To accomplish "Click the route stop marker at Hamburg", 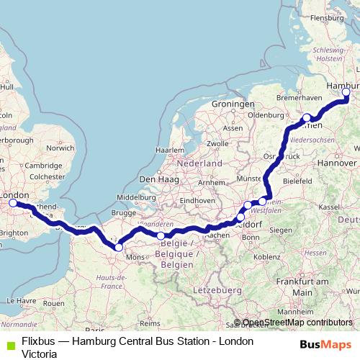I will pos(346,92).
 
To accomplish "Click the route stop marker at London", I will pos(13,204).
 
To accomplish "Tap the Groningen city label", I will pos(229,104).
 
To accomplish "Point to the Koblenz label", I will pos(266,256).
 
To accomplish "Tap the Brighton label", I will pos(14,233).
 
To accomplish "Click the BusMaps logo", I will pos(325,345).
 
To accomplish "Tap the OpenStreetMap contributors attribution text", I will pos(297,323).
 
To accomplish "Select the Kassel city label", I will pos(328,207).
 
